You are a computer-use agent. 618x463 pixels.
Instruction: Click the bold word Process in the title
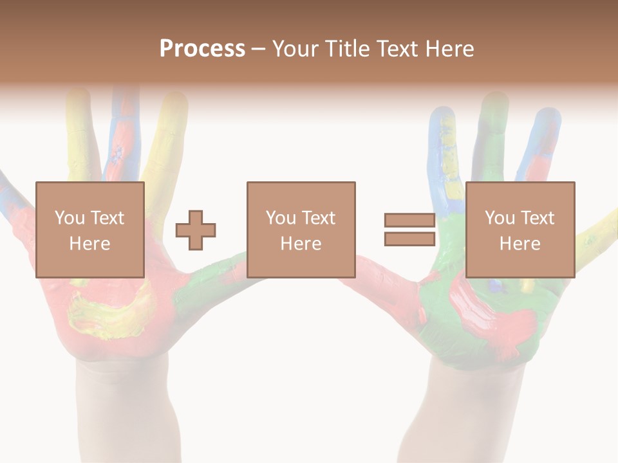(x=202, y=48)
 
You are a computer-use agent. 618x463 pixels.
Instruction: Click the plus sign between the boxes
(x=196, y=230)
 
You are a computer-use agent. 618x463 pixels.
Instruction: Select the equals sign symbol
(x=409, y=230)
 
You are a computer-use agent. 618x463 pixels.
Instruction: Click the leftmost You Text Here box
(x=89, y=230)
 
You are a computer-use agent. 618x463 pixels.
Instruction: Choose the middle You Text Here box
(x=301, y=230)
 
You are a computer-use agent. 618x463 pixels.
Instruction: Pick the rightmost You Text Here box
(x=520, y=230)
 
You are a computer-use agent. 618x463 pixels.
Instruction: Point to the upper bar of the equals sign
(x=409, y=220)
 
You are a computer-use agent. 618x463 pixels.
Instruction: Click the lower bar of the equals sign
(x=409, y=239)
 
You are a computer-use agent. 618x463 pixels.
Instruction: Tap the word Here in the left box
(x=89, y=243)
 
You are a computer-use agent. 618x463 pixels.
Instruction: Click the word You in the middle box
(x=280, y=218)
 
